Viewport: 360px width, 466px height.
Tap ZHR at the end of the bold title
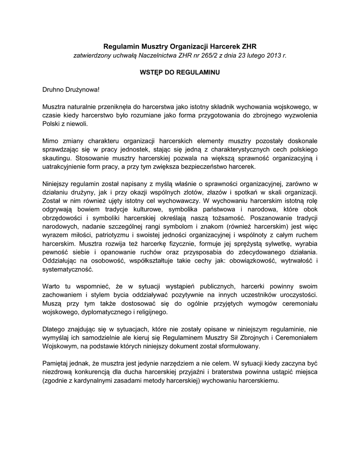[x=248, y=46]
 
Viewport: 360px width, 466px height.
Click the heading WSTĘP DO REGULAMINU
[x=179, y=72]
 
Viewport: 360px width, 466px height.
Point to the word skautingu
[x=56, y=158]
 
